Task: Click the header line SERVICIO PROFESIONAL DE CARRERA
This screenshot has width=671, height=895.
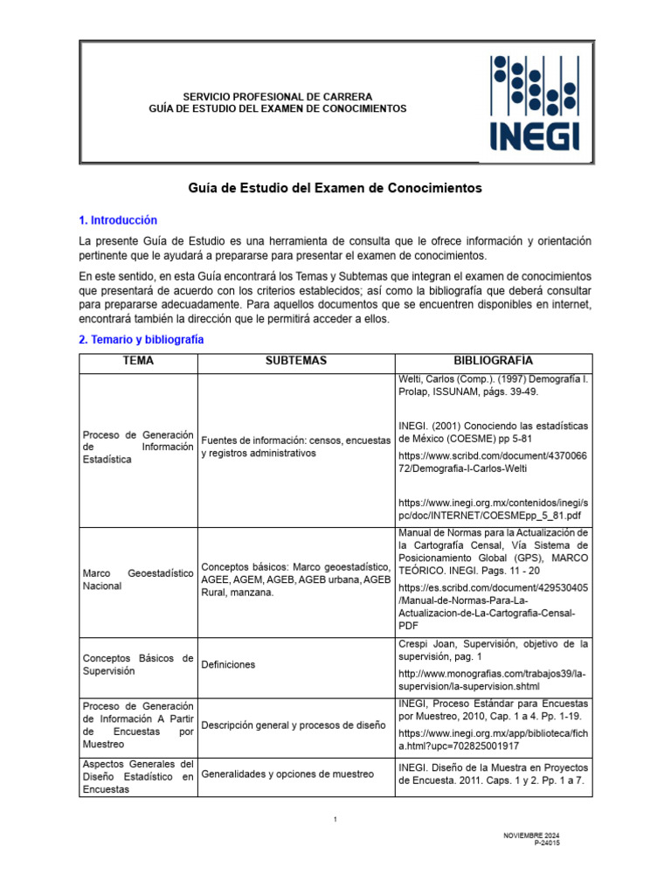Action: point(277,96)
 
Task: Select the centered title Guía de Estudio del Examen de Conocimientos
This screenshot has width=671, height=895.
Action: point(335,188)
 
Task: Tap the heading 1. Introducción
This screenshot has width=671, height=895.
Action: point(118,220)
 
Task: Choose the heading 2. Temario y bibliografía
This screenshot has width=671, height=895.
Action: point(142,339)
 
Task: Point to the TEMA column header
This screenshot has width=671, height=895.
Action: point(138,361)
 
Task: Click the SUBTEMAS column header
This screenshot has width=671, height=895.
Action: point(295,361)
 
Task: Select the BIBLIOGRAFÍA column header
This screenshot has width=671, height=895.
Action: point(493,361)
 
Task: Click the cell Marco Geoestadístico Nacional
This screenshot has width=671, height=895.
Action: point(137,579)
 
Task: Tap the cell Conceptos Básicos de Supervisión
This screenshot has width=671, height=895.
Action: point(137,664)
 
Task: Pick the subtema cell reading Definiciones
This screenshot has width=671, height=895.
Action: point(228,664)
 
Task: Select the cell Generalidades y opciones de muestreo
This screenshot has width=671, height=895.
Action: point(287,774)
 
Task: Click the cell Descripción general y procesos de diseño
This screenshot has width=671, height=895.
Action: point(293,725)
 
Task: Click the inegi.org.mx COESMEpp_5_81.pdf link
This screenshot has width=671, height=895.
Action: point(493,510)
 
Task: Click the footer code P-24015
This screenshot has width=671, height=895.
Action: point(547,844)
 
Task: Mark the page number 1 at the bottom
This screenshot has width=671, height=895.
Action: point(335,819)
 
